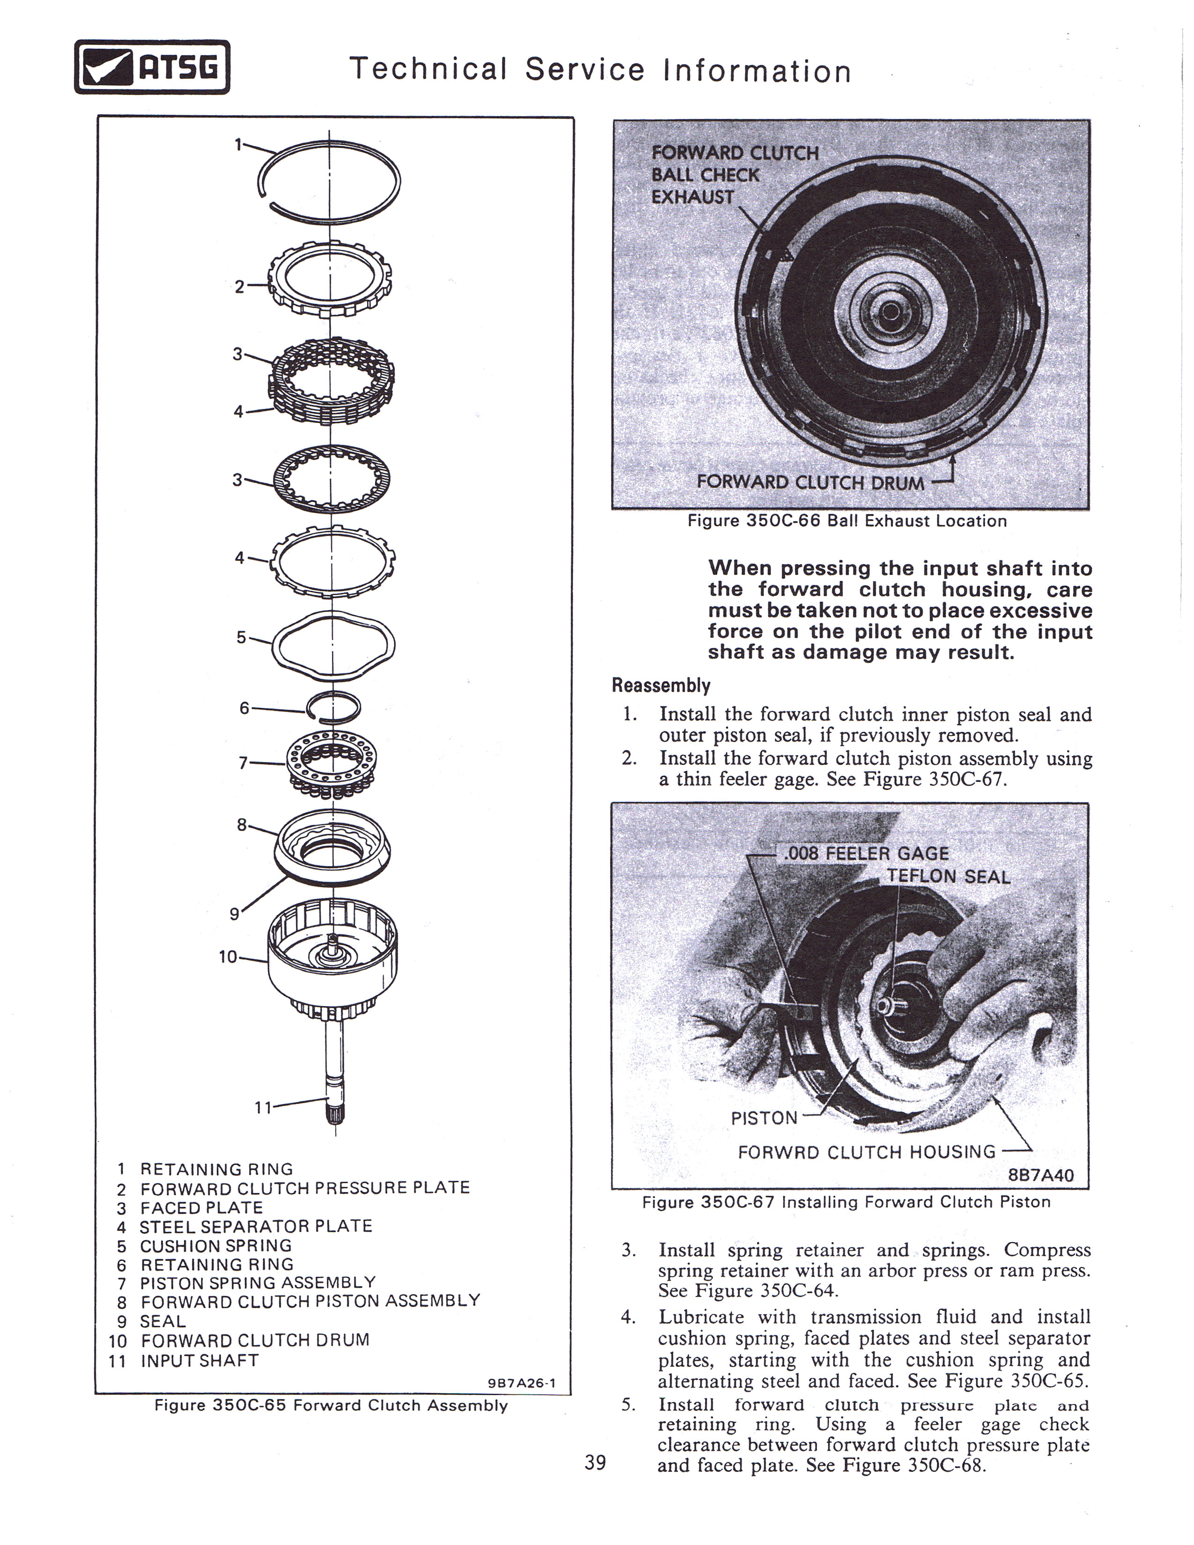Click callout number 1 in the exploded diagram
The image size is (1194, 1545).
(238, 144)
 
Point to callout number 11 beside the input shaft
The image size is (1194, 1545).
(263, 1107)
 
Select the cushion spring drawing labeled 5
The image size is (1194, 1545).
(332, 644)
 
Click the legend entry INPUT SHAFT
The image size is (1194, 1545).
(199, 1361)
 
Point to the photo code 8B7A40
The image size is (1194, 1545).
(1040, 1175)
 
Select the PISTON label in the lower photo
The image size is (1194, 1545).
(764, 1118)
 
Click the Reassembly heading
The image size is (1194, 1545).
(661, 685)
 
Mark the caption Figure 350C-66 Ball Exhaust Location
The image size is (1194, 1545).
(847, 522)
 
